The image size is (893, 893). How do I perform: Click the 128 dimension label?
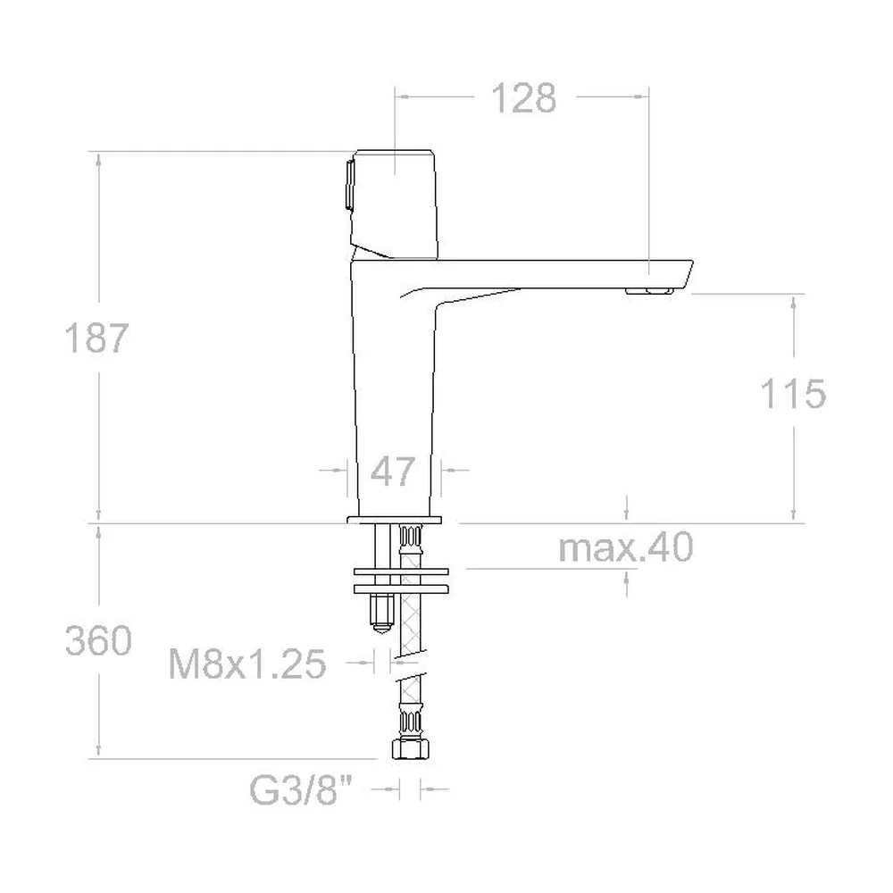pyautogui.click(x=523, y=98)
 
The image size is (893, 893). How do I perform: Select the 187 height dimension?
pyautogui.click(x=96, y=338)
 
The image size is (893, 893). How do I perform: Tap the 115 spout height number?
pyautogui.click(x=793, y=394)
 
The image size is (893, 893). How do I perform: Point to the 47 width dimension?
pyautogui.click(x=392, y=472)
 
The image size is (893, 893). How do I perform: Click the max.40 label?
pyautogui.click(x=625, y=547)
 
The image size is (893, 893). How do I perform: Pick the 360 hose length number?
pyautogui.click(x=98, y=640)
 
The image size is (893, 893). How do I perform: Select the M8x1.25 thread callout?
pyautogui.click(x=247, y=663)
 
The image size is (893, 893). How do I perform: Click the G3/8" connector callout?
pyautogui.click(x=301, y=790)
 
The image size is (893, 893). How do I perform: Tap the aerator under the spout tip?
pyautogui.click(x=649, y=291)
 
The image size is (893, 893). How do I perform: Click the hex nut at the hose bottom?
pyautogui.click(x=410, y=749)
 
